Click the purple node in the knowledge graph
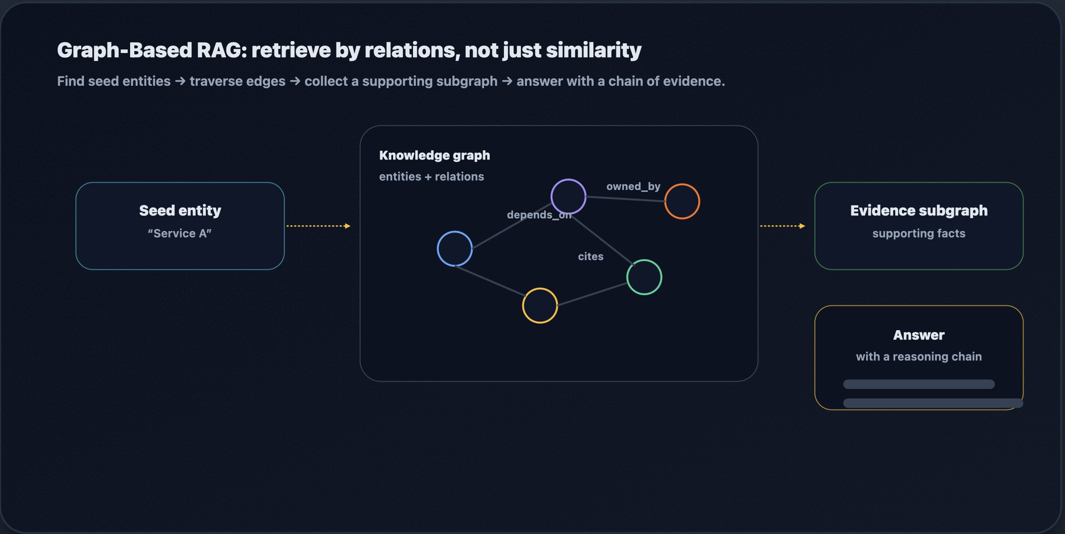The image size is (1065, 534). pyautogui.click(x=568, y=196)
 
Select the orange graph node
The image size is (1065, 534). pyautogui.click(x=682, y=202)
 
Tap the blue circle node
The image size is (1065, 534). pyautogui.click(x=455, y=249)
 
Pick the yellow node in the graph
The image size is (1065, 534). pyautogui.click(x=540, y=306)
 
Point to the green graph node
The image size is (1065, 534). pyautogui.click(x=644, y=277)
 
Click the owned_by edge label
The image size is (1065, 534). pyautogui.click(x=633, y=186)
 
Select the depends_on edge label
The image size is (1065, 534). pyautogui.click(x=538, y=215)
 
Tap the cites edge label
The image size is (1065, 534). pyautogui.click(x=591, y=256)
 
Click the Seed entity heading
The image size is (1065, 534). pyautogui.click(x=180, y=211)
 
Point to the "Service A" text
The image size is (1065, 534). pyautogui.click(x=180, y=233)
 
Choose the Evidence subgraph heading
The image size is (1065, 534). pyautogui.click(x=919, y=211)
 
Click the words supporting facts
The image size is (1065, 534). pyautogui.click(x=919, y=233)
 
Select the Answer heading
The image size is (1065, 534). pyautogui.click(x=919, y=335)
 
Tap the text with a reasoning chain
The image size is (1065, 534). pyautogui.click(x=919, y=356)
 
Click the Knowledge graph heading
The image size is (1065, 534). pyautogui.click(x=434, y=155)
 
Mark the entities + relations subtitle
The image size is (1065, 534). pyautogui.click(x=431, y=177)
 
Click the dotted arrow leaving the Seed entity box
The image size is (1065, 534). pyautogui.click(x=318, y=226)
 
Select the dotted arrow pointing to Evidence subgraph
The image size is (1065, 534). pyautogui.click(x=783, y=226)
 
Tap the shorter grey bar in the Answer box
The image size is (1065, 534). pyautogui.click(x=919, y=384)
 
